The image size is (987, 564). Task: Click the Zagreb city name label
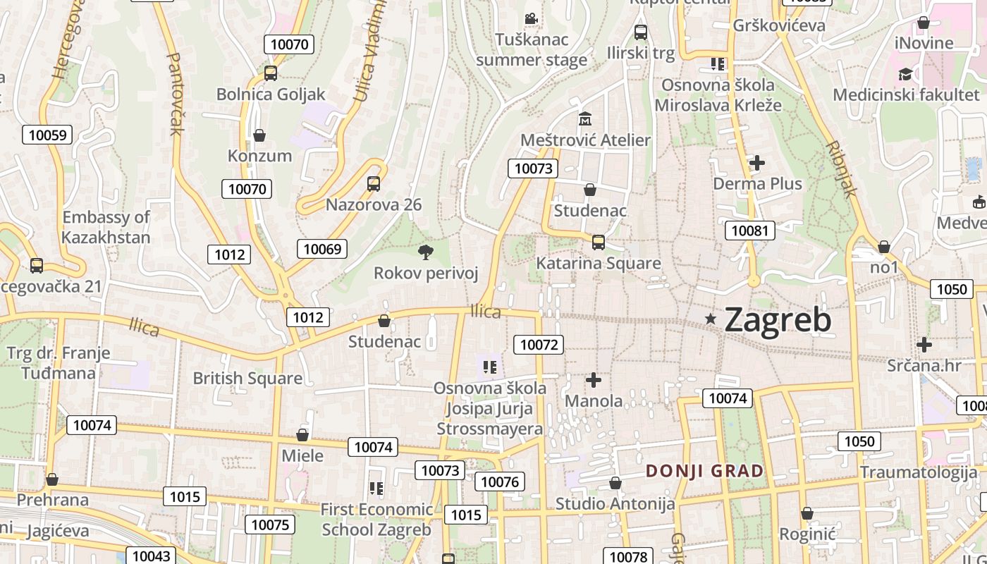778,320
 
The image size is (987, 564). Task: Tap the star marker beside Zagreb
711,320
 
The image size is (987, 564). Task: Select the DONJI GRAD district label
705,471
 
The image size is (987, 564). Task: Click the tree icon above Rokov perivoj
426,252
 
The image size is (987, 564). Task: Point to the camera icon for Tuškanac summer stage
531,18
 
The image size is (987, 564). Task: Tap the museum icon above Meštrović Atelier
585,118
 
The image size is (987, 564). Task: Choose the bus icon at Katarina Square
598,243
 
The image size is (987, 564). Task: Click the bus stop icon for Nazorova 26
374,184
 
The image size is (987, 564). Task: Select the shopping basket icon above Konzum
259,135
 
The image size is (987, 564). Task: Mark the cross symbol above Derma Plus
757,163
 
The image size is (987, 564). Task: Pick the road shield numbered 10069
322,248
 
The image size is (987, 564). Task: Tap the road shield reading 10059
48,135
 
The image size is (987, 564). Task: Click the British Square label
247,378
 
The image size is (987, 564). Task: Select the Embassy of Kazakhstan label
106,227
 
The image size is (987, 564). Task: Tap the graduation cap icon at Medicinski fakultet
905,74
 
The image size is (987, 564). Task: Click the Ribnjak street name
842,168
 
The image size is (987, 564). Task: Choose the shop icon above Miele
302,435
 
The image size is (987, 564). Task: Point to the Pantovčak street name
174,93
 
